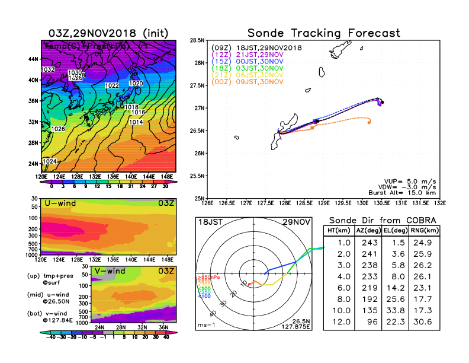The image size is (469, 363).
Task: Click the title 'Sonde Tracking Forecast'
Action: pyautogui.click(x=323, y=33)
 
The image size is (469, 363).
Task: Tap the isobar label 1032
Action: pyautogui.click(x=48, y=70)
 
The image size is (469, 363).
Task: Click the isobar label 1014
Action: pyautogui.click(x=136, y=122)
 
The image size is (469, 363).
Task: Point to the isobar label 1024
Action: pyautogui.click(x=50, y=161)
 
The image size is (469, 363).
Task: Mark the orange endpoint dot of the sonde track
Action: pyautogui.click(x=370, y=123)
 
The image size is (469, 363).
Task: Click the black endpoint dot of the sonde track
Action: pyautogui.click(x=383, y=102)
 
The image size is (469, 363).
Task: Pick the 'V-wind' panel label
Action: pyautogui.click(x=113, y=272)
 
